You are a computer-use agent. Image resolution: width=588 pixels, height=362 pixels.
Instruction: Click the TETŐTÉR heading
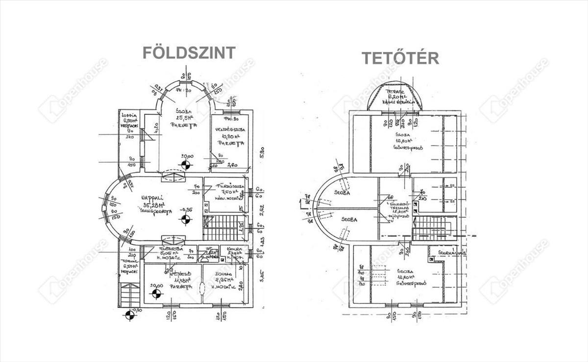click(x=400, y=58)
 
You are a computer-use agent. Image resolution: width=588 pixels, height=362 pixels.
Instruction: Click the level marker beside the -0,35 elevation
click(x=185, y=219)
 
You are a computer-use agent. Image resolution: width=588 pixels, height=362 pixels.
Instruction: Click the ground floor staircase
click(x=223, y=228)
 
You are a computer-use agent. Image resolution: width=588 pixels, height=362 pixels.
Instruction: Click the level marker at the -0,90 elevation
click(x=130, y=315)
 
